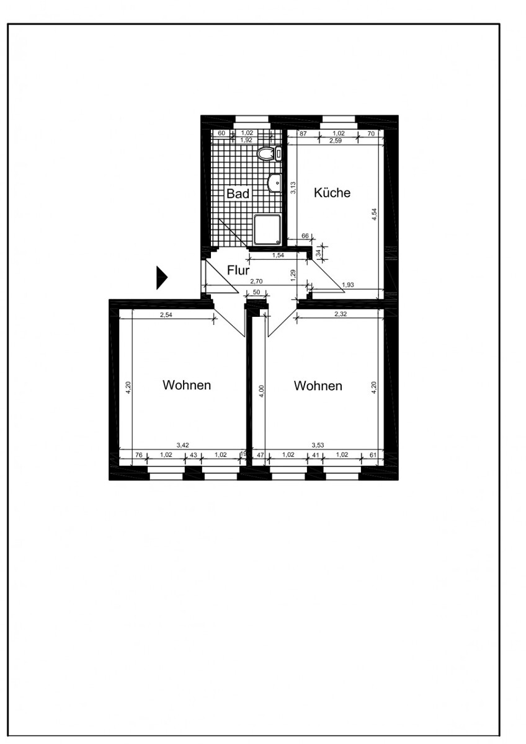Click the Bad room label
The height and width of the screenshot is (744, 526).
coord(238,193)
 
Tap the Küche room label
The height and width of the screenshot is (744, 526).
coord(332,193)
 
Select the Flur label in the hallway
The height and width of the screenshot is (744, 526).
coord(238,270)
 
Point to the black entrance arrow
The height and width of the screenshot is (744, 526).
coord(162,278)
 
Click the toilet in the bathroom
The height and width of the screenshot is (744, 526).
coord(269,154)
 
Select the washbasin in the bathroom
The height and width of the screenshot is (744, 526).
coord(275,182)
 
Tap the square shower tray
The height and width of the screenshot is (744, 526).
coord(267,229)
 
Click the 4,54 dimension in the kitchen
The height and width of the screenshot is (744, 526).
coord(374,215)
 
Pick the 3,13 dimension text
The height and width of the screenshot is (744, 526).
coord(293,188)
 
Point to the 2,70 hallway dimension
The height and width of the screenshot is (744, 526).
coord(256,281)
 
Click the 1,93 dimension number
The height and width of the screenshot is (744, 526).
coord(348,285)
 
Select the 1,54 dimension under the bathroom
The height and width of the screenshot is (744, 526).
coord(278,255)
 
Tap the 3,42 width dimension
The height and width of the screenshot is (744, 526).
coord(183,445)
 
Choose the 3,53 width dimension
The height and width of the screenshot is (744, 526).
coord(318,445)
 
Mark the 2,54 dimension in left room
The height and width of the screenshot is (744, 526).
coord(166,315)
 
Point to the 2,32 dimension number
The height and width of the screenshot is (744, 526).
coord(341,314)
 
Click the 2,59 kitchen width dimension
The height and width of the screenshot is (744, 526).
coord(336,141)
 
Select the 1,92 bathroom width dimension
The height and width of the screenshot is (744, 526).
coord(246,140)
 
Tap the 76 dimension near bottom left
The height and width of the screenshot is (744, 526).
coord(138,455)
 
